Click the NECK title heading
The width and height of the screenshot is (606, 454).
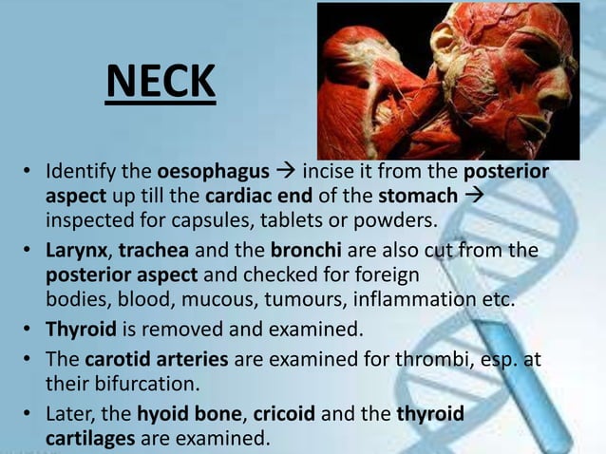click(161, 83)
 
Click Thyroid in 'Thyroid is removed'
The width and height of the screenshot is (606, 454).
click(82, 332)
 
